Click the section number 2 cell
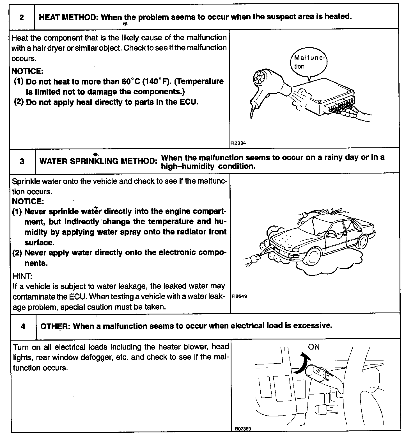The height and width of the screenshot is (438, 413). tap(22, 17)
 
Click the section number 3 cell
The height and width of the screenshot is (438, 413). tap(22, 161)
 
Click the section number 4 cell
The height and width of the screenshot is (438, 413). tap(23, 326)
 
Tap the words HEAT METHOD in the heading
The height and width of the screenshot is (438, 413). tap(68, 17)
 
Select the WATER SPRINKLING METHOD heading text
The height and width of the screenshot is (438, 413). tap(98, 161)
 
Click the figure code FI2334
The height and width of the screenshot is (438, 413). tap(238, 143)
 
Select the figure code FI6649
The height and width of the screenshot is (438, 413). tap(239, 296)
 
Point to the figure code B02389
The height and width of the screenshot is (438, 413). tap(243, 429)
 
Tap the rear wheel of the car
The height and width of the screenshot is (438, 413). tap(363, 241)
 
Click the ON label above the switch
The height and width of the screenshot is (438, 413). tap(314, 347)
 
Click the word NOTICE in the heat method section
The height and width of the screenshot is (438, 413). tap(27, 71)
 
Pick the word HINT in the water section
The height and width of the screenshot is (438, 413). tap(22, 276)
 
